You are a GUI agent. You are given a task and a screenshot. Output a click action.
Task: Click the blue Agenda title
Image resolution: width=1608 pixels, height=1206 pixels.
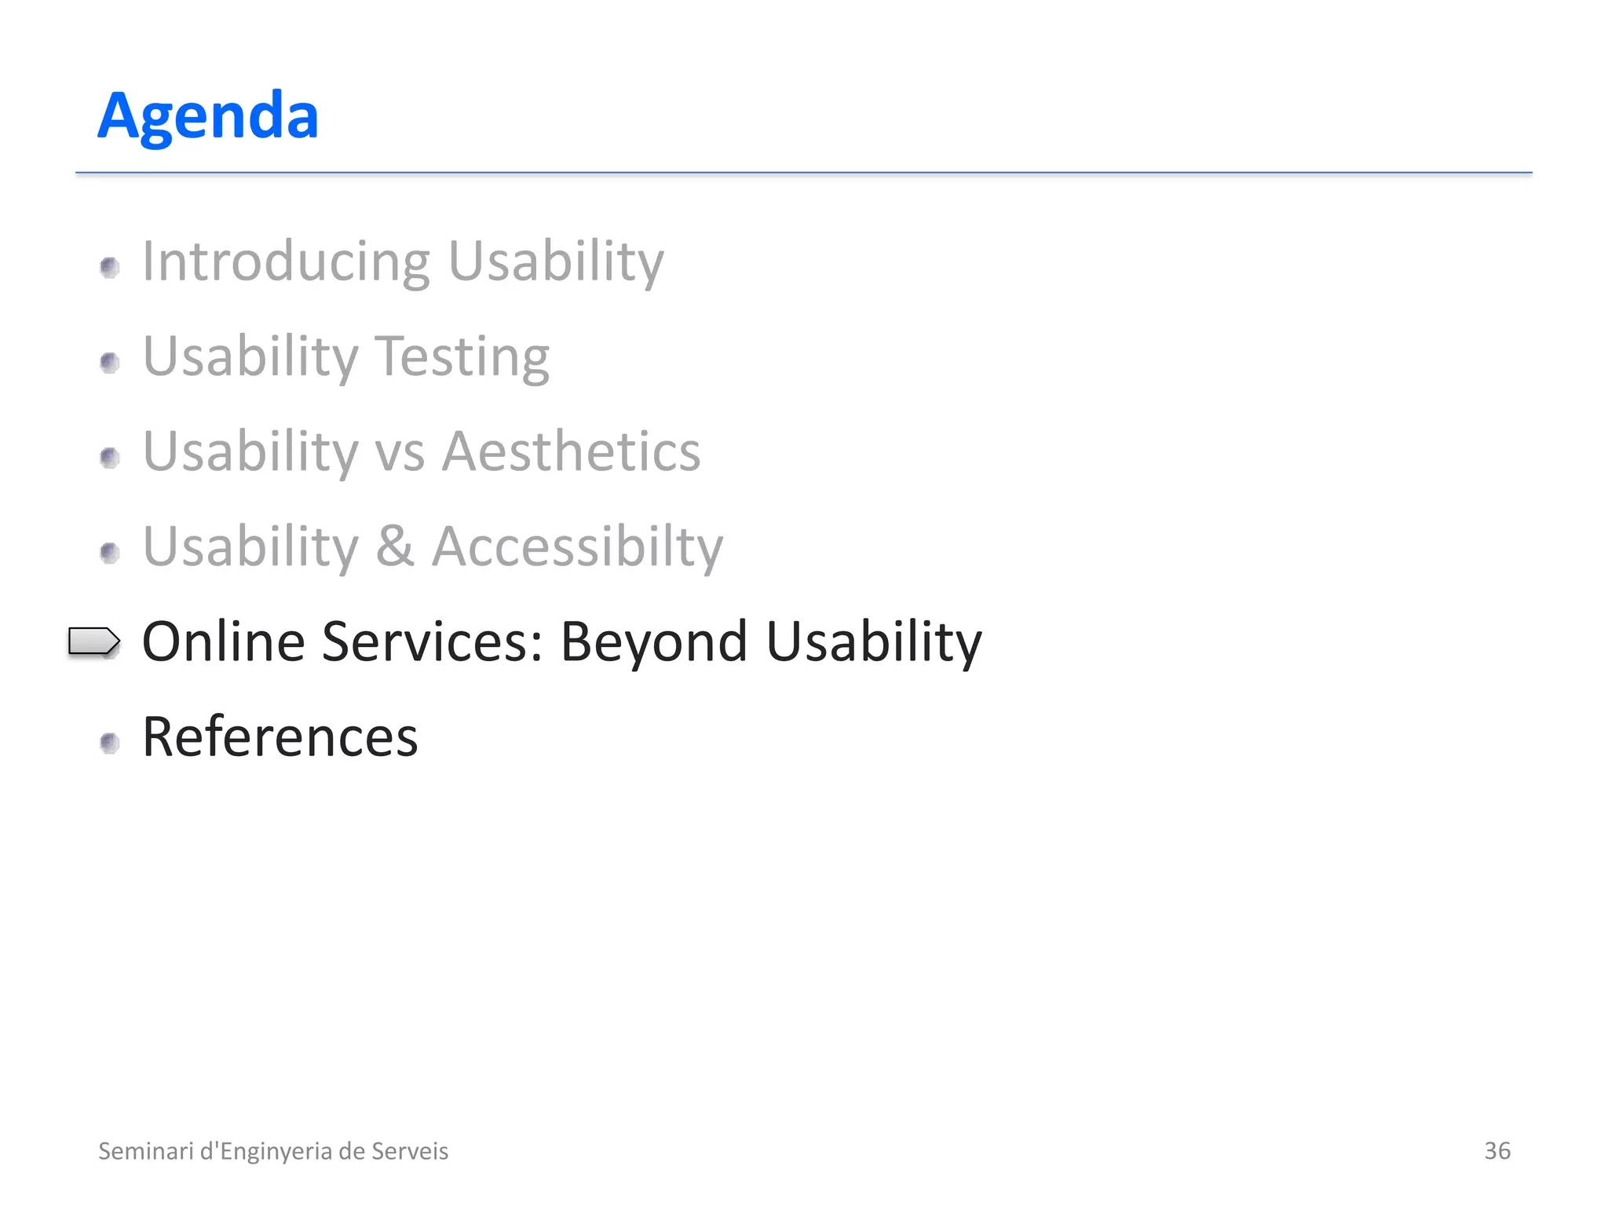pos(208,116)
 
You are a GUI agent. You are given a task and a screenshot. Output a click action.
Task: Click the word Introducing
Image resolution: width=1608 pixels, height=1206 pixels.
pos(286,261)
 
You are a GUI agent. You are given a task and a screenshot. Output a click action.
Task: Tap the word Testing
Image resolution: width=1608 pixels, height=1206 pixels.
pos(462,357)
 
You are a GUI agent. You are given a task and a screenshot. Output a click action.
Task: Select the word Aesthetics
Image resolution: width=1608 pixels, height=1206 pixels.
pos(571,452)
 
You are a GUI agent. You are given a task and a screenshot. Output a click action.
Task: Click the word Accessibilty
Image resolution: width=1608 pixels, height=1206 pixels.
pos(577,547)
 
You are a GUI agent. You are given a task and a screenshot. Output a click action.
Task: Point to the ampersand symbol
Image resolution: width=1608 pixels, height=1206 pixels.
pos(395,547)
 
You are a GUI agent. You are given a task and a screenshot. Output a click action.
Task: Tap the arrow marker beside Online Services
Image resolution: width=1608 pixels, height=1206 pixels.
pos(93,641)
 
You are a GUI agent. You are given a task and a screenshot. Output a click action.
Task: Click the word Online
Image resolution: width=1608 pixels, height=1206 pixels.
pos(223,642)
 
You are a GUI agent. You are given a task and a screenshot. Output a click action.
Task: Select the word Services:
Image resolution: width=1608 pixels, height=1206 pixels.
pos(433,642)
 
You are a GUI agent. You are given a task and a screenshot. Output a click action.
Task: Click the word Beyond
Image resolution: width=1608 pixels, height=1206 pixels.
pos(653,642)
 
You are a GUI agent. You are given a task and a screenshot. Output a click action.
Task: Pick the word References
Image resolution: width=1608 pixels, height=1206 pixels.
pos(280,737)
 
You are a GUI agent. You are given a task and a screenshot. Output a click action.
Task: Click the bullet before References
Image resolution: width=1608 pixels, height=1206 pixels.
pos(110,743)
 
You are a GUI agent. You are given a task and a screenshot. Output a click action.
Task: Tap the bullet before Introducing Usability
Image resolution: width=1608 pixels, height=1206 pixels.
pos(110,268)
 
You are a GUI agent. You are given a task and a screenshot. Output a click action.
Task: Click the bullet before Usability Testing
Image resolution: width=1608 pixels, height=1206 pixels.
pos(110,363)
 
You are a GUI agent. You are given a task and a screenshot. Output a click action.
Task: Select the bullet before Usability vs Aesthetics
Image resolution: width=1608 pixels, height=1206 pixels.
pos(110,458)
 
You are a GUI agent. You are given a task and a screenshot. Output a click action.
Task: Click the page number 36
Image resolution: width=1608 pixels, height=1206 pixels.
pos(1497,1151)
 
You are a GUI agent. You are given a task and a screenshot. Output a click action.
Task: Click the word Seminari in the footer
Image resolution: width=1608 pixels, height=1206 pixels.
pos(145,1151)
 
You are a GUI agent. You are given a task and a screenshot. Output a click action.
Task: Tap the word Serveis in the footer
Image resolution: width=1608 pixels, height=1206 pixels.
pos(409,1151)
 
